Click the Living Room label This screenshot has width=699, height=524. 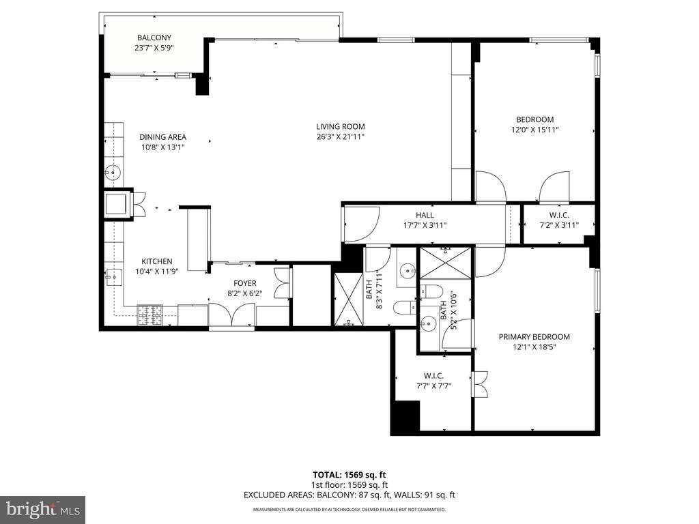(x=340, y=126)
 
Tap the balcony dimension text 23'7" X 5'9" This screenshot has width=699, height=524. (x=154, y=47)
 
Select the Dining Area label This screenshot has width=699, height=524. (x=162, y=136)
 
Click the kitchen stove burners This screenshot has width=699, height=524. (x=149, y=315)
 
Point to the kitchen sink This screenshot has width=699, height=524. (x=114, y=277)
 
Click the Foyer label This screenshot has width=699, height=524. (x=245, y=283)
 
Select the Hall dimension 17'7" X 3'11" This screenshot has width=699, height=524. (x=425, y=225)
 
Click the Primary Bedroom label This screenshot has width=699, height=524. (x=534, y=337)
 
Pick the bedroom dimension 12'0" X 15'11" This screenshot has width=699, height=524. (x=534, y=130)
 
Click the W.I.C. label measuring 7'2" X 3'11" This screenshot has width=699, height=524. (x=559, y=215)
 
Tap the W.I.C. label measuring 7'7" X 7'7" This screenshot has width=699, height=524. (x=433, y=376)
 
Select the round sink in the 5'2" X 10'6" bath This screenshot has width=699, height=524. (x=429, y=323)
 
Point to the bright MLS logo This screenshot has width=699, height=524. (x=42, y=509)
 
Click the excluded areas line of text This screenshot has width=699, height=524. (x=349, y=495)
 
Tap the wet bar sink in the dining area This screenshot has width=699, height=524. (x=113, y=171)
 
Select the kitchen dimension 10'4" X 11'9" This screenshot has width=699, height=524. (x=157, y=271)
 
